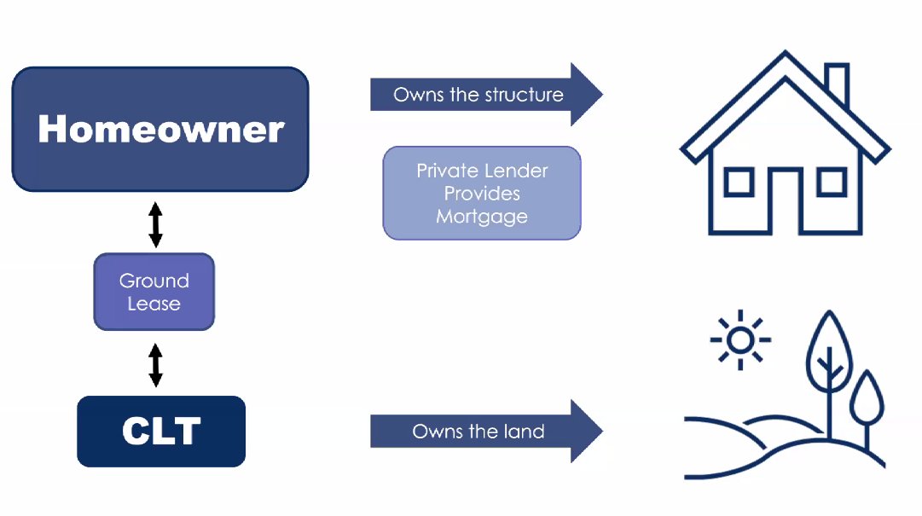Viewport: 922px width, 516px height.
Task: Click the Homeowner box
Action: tap(160, 129)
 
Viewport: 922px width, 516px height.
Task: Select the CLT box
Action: tap(161, 431)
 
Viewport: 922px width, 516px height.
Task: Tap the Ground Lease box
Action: tap(154, 292)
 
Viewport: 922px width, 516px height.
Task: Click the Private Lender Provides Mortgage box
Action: tap(482, 193)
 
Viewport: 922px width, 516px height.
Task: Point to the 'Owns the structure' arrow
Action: tap(486, 95)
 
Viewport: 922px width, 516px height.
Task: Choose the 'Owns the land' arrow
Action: tap(486, 431)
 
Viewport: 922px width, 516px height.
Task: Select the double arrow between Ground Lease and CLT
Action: tap(155, 363)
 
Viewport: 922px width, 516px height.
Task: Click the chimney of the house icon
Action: tap(837, 84)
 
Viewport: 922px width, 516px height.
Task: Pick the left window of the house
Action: tap(739, 182)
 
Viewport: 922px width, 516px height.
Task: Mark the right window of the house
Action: tap(831, 182)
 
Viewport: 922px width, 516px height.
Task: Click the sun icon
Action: tap(740, 339)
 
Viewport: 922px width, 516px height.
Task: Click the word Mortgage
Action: tap(482, 217)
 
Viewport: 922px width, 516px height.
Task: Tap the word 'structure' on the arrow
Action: tap(523, 95)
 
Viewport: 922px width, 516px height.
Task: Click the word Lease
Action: tap(154, 303)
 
